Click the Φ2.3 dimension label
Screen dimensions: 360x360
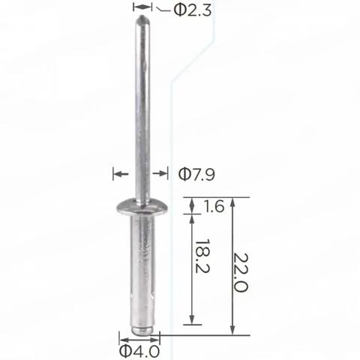(x=193, y=10)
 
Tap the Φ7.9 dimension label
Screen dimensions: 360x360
(x=196, y=174)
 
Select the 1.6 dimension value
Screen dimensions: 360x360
(x=213, y=206)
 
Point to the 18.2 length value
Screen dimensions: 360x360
(x=202, y=256)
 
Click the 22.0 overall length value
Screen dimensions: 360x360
(x=241, y=272)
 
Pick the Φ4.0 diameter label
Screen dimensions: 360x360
(x=139, y=351)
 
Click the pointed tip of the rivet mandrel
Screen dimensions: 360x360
(x=142, y=17)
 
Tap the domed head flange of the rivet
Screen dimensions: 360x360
(x=142, y=207)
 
